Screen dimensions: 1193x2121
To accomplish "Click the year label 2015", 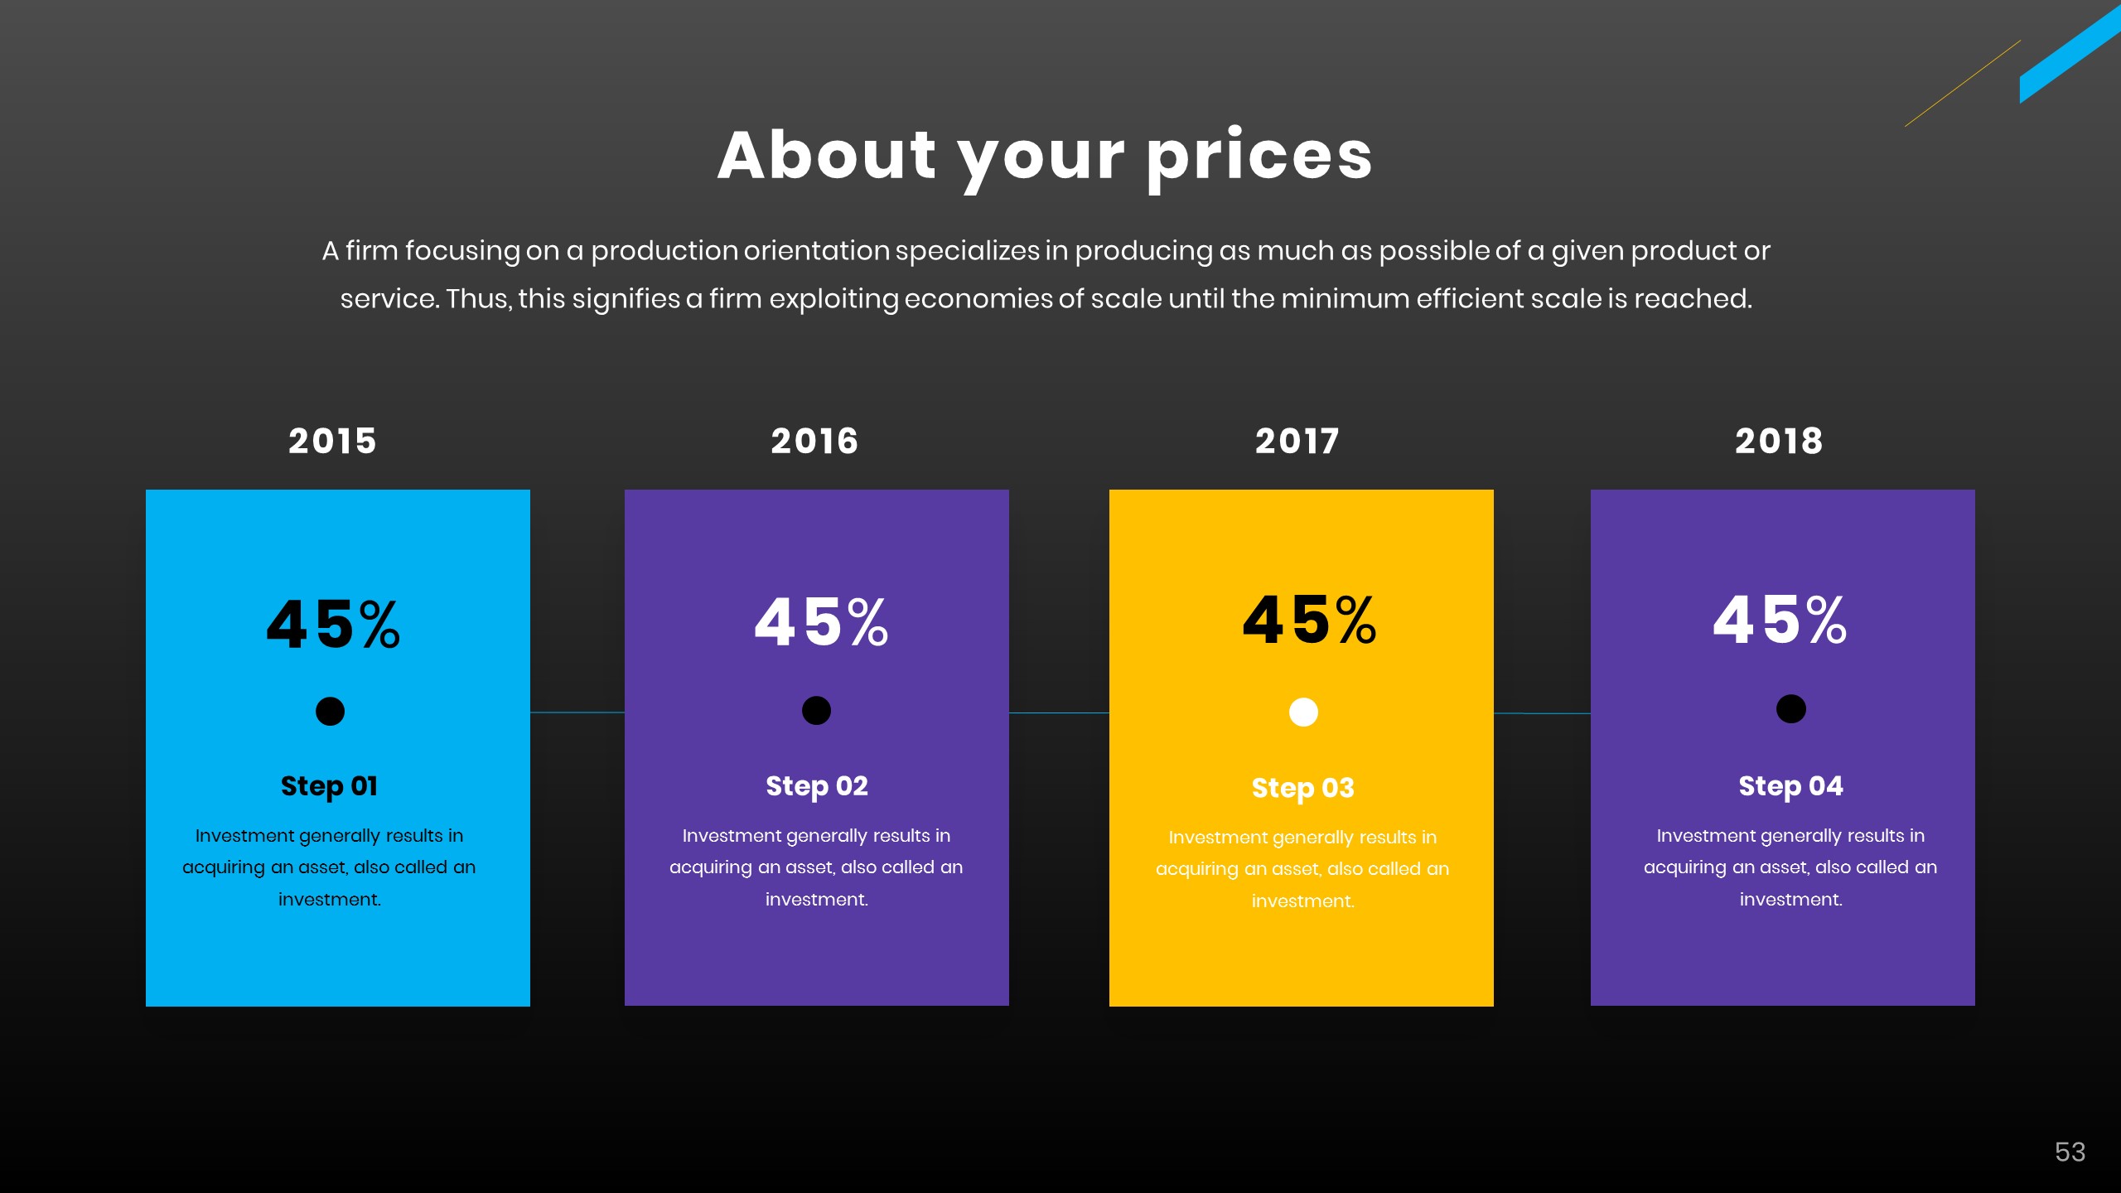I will (x=332, y=441).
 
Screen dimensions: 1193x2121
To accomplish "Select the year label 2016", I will (x=814, y=441).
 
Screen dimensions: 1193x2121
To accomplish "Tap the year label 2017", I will (x=1297, y=441).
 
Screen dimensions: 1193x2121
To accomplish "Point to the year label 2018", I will (x=1779, y=441).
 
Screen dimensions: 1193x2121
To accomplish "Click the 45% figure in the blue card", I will (x=333, y=624).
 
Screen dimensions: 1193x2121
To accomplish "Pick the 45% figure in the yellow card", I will (x=1309, y=621).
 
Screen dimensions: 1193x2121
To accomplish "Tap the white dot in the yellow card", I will (x=1303, y=712).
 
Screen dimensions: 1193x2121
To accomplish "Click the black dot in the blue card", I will (x=330, y=711).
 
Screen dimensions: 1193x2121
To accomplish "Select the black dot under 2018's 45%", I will (x=1790, y=709).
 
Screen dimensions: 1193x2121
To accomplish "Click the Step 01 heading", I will (x=329, y=785).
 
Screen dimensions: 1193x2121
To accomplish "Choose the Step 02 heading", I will (x=816, y=785).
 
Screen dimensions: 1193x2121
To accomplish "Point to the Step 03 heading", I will (x=1302, y=788).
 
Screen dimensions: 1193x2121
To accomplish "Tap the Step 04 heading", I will (x=1790, y=785).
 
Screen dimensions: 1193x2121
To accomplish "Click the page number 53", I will (x=2070, y=1152).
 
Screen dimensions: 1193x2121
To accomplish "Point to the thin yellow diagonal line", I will (x=1963, y=83).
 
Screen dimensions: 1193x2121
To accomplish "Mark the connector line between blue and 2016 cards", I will (x=577, y=712).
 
